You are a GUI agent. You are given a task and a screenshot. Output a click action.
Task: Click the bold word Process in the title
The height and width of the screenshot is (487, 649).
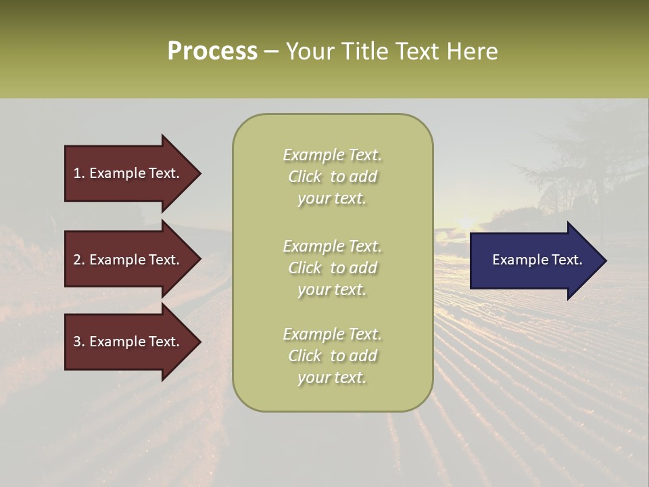(212, 51)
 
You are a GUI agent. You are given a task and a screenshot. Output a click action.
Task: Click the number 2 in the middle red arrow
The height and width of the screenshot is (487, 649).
(77, 260)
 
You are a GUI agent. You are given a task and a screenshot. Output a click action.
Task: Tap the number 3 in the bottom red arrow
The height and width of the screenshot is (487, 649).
(77, 342)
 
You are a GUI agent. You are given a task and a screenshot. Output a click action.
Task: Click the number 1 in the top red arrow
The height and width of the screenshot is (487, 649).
(77, 173)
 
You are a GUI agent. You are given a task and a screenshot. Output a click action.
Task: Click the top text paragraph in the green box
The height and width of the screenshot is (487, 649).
(332, 177)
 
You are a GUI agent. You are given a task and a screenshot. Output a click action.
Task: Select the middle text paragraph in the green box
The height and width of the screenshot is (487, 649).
(332, 268)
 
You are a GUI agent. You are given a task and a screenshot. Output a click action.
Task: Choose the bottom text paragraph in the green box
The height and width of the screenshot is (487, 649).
(332, 356)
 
